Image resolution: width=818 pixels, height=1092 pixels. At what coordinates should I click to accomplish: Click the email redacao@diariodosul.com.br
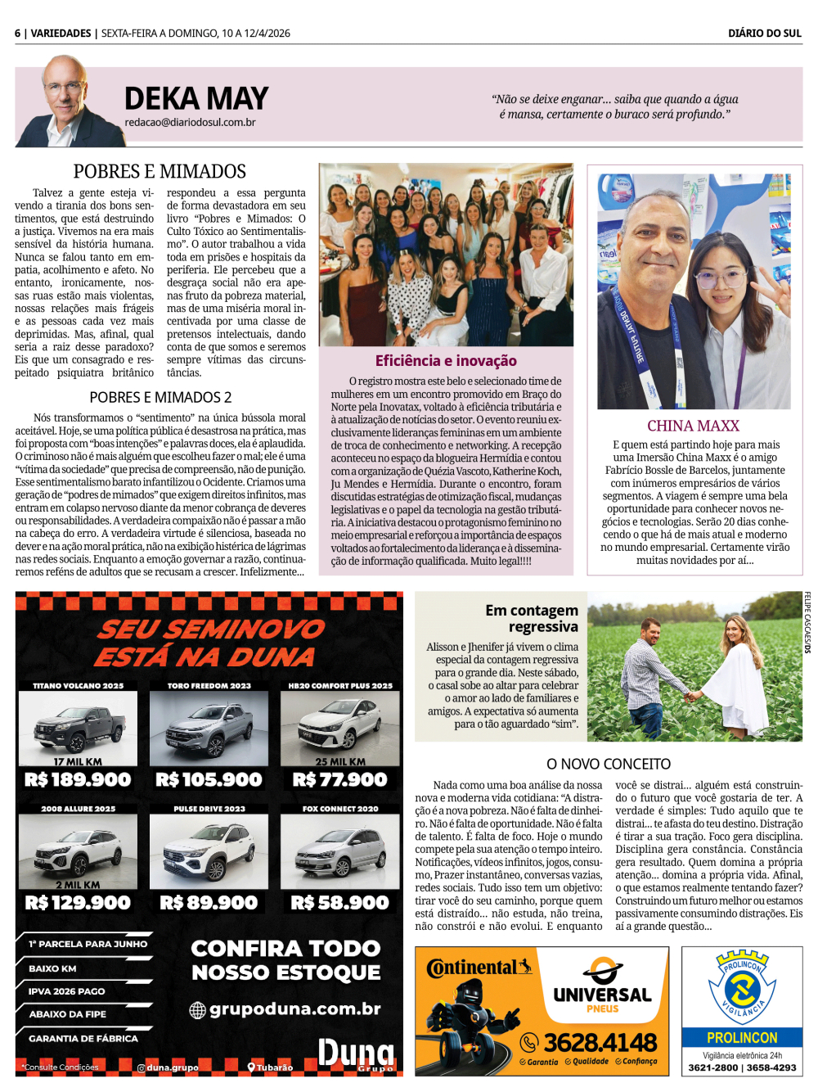click(190, 122)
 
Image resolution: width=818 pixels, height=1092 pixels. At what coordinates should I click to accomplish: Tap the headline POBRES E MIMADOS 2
click(160, 398)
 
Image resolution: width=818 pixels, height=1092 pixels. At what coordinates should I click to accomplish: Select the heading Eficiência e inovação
click(446, 361)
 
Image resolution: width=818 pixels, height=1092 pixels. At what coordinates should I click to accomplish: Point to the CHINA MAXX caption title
click(693, 426)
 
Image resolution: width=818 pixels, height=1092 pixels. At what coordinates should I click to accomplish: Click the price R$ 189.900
click(78, 780)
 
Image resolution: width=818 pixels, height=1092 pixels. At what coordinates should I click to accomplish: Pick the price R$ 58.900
click(339, 903)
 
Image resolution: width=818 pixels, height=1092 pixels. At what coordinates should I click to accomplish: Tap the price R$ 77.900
click(339, 780)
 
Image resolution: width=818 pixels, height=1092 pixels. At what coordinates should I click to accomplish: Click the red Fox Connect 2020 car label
click(340, 809)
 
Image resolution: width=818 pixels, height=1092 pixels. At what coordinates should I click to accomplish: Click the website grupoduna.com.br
click(294, 1009)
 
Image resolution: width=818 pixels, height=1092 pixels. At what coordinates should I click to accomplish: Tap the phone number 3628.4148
click(600, 1042)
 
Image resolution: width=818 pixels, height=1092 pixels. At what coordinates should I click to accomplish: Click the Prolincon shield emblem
click(742, 987)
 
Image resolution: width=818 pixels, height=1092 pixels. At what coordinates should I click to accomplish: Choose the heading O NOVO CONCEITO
click(609, 764)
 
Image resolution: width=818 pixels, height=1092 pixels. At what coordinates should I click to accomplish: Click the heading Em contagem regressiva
click(532, 618)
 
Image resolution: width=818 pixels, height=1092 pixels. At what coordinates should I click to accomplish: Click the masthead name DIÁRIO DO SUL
click(764, 34)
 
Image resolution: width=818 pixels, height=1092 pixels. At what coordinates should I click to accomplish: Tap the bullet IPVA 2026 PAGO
click(67, 991)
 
